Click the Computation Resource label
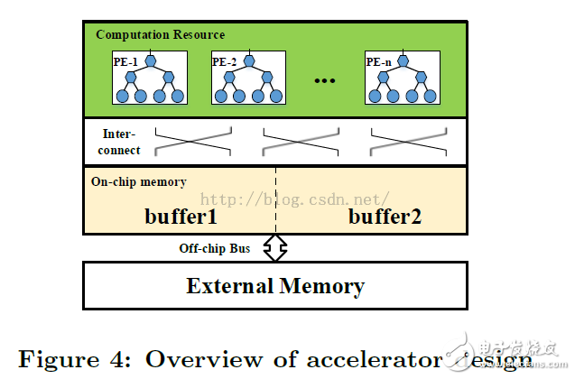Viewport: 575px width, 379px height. [x=161, y=34]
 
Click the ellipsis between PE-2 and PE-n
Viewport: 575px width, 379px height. [x=324, y=80]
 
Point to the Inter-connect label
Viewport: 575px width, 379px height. [x=121, y=142]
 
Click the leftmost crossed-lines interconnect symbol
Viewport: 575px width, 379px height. [x=193, y=142]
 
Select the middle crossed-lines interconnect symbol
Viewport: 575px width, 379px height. [x=301, y=142]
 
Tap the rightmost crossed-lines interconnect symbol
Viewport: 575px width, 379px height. [x=409, y=142]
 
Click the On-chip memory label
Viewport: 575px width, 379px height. [x=139, y=181]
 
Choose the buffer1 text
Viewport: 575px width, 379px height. [x=181, y=217]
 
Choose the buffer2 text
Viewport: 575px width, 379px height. [x=385, y=217]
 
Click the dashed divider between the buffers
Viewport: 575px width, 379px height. [x=275, y=200]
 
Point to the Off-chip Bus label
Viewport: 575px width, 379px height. [x=215, y=248]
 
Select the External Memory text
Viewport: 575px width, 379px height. [x=275, y=287]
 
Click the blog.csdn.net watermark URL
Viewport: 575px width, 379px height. [x=294, y=197]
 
